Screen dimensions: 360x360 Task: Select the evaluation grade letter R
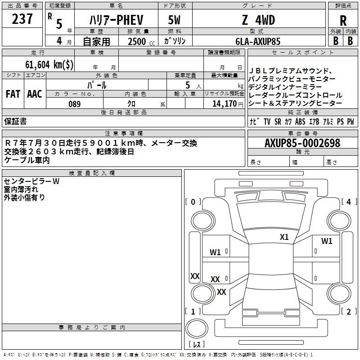pos(343,20)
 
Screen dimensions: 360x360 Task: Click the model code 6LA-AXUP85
pos(258,41)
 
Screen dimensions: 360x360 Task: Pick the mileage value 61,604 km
pos(49,64)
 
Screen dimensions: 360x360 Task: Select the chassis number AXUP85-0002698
pos(302,143)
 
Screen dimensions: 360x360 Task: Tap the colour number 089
pos(74,104)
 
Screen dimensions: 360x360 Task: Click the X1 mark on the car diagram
pos(284,237)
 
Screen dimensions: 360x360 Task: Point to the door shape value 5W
pos(175,20)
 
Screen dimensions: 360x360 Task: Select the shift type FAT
pos(13,94)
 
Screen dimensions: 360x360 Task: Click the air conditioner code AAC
pos(35,94)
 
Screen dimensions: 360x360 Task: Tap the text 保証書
pos(15,121)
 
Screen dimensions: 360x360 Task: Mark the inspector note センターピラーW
pos(31,181)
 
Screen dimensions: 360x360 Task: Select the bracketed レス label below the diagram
pos(197,345)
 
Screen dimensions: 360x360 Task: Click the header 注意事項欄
pos(124,133)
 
